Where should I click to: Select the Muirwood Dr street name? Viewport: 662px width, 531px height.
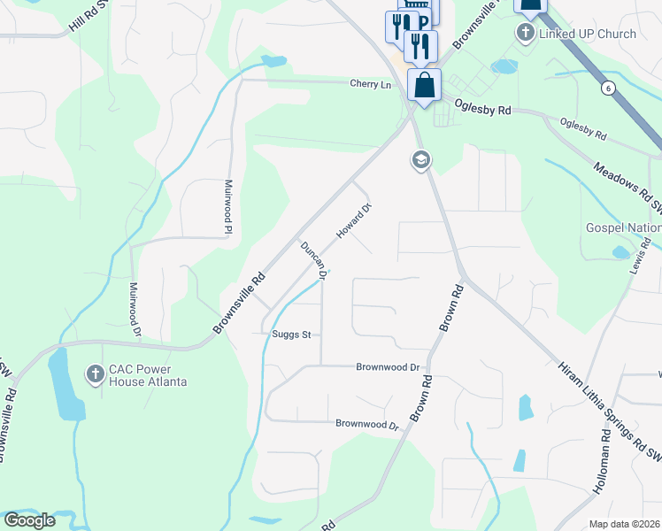point(135,310)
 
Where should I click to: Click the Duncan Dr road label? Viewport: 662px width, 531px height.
point(314,261)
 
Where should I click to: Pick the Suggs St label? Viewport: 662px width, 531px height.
point(293,335)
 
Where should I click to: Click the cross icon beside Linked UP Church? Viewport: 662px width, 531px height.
point(525,34)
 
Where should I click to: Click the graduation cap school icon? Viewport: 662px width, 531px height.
point(420,160)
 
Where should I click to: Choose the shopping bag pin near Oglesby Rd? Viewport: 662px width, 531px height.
point(425,85)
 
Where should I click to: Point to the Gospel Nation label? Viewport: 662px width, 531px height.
point(624,227)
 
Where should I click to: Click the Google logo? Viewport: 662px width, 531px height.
point(29,520)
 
